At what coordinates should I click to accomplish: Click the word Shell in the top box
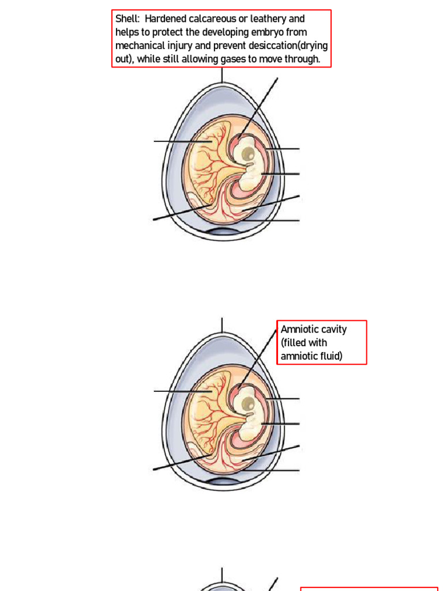point(126,19)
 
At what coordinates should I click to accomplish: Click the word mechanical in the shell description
point(139,46)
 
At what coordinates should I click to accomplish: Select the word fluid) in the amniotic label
point(329,356)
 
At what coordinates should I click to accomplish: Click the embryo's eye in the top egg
point(247,154)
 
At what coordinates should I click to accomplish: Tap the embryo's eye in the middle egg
point(247,403)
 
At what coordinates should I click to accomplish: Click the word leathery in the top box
point(269,19)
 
